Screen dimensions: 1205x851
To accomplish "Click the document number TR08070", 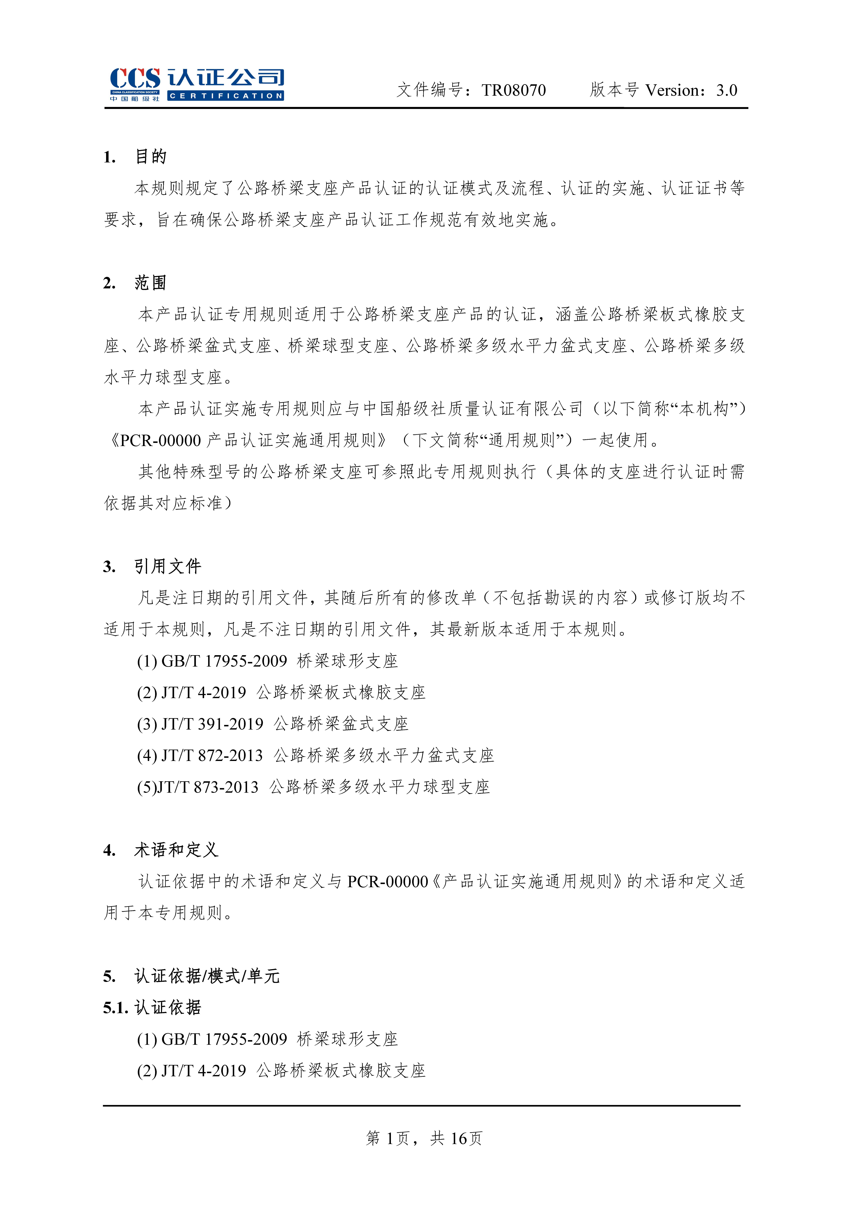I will click(514, 90).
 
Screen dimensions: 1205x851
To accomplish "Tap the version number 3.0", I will click(727, 90).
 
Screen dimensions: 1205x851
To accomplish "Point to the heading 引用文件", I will click(168, 566).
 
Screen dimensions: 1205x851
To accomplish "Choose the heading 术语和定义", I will click(176, 850).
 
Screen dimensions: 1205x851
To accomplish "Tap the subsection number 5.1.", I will click(115, 1008).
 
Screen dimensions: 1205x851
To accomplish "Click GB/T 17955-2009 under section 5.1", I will click(224, 1039).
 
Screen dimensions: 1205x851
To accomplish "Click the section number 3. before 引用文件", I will click(109, 567).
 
